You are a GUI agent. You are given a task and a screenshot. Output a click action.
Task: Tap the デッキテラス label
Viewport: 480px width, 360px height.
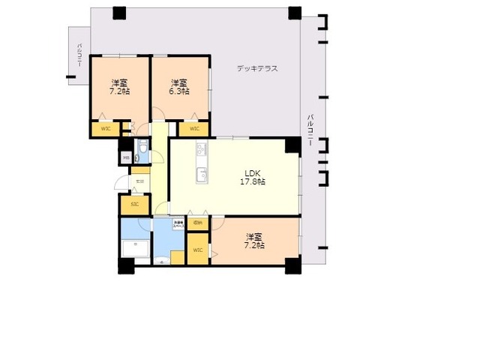257,68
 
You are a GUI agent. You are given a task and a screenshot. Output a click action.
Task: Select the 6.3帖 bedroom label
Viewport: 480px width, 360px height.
178,86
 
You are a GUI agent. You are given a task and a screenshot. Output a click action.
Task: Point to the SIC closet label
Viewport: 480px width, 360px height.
135,204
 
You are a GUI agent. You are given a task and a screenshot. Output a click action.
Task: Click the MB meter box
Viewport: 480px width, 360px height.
126,157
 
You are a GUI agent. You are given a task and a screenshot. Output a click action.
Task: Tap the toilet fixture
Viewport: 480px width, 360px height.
142,156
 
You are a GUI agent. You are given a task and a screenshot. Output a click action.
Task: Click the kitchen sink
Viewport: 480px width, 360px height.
201,175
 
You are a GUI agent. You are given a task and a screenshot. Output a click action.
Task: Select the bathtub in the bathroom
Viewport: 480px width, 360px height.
135,247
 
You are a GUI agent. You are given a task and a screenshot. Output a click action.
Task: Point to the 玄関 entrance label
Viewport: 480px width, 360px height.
139,181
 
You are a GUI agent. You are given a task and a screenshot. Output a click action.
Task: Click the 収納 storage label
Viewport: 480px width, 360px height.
197,223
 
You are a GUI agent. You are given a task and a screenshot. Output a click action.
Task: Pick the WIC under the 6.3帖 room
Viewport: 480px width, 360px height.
194,128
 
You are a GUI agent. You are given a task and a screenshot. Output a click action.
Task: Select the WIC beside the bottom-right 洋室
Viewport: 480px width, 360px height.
197,250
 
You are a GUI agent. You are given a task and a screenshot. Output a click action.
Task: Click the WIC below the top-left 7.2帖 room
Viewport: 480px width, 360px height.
106,128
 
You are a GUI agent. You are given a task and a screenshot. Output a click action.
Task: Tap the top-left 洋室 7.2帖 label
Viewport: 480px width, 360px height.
120,86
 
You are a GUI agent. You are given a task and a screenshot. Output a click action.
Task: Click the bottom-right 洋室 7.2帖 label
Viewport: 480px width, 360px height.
255,240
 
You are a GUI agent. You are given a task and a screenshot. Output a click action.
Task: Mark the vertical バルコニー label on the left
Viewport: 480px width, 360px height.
79,55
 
